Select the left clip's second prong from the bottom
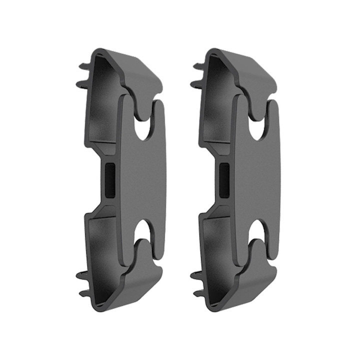(x=81, y=274)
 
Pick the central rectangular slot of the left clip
(x=109, y=180)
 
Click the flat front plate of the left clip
(x=142, y=180)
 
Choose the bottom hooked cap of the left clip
(x=135, y=285)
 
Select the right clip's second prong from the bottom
(x=196, y=274)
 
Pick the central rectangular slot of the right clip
(x=224, y=180)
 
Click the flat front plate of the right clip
(x=257, y=180)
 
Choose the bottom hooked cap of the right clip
(x=250, y=285)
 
